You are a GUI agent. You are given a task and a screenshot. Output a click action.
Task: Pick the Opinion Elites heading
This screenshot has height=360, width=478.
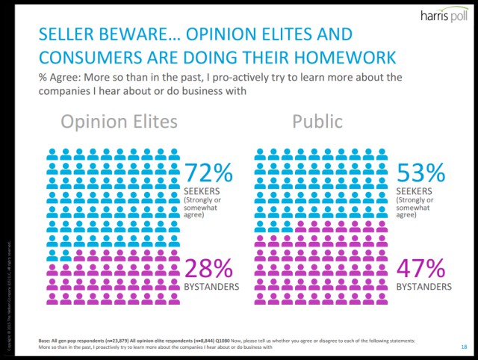tap(119, 122)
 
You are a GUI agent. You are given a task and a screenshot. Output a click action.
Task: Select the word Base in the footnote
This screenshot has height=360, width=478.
tap(46, 341)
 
